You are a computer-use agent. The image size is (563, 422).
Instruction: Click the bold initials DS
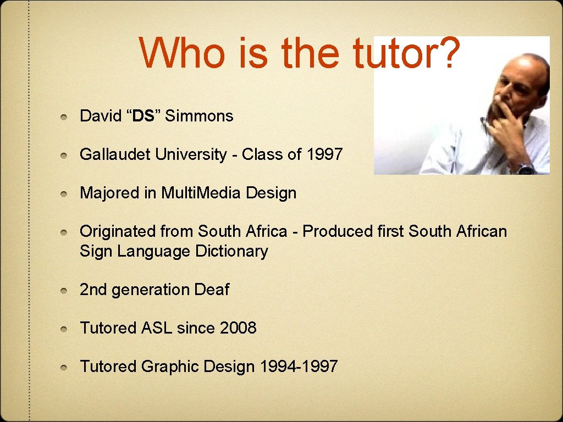point(143,116)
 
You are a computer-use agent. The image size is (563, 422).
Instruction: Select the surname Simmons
point(199,116)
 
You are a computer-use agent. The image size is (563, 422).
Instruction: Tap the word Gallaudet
point(115,155)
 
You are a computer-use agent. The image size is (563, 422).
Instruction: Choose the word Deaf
point(211,290)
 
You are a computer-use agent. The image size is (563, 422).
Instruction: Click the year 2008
point(238,328)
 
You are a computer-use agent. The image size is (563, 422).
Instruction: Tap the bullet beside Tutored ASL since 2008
point(65,329)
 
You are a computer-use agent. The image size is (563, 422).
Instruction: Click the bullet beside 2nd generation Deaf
point(65,290)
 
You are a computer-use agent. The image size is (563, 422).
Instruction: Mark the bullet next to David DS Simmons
point(65,117)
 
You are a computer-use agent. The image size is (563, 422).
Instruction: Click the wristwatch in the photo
point(525,169)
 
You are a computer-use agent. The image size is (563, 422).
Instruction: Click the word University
point(191,155)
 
